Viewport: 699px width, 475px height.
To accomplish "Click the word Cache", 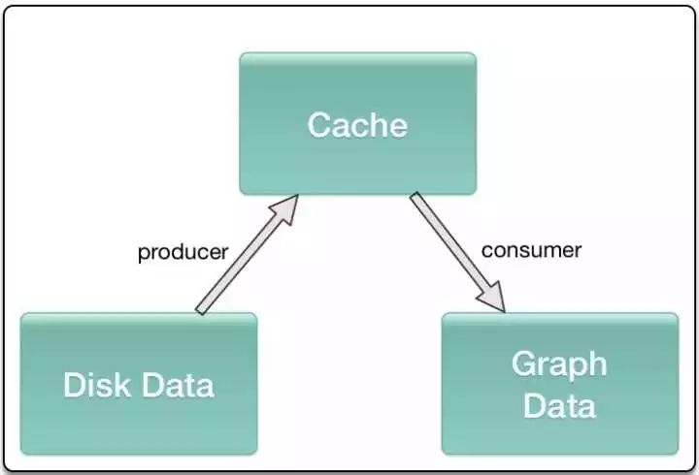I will tap(357, 125).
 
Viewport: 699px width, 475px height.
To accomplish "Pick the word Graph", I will tap(559, 365).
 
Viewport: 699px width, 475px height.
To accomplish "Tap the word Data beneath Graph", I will tap(559, 404).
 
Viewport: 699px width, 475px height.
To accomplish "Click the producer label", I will tap(183, 253).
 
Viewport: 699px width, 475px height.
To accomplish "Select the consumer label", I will tap(531, 250).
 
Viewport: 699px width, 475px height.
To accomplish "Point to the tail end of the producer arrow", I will tap(202, 309).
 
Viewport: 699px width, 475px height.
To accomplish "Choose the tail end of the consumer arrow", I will tap(416, 198).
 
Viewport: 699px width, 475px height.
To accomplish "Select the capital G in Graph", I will tap(523, 365).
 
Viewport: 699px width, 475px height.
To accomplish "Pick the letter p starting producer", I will tap(143, 255).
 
